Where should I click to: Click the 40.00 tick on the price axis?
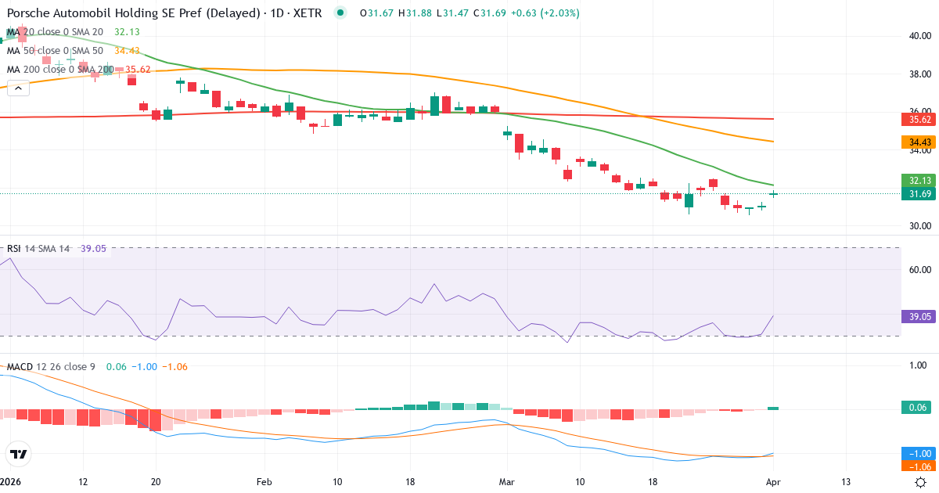(919, 36)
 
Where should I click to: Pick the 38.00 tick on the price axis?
(919, 74)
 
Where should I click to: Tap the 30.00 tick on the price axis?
(919, 226)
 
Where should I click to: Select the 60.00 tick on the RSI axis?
(919, 270)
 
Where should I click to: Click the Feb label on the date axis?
(264, 482)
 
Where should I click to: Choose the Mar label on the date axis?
(507, 482)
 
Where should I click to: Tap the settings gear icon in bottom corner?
(921, 482)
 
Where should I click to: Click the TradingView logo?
(19, 453)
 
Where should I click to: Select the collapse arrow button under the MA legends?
(18, 88)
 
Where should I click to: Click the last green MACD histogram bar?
(773, 408)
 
